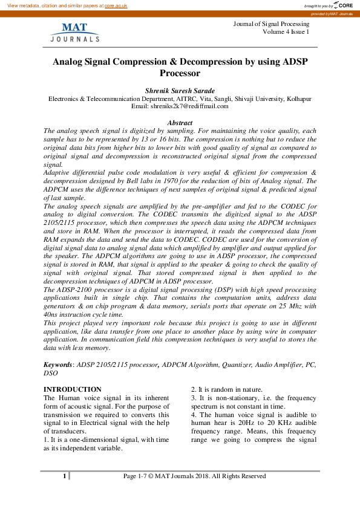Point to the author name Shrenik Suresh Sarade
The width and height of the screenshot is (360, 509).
click(180, 89)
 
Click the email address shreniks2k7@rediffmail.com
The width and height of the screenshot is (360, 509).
click(189, 106)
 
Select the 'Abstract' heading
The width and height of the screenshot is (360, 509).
click(180, 122)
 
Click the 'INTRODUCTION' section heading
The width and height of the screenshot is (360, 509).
click(73, 389)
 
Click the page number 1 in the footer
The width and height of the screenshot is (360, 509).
click(64, 476)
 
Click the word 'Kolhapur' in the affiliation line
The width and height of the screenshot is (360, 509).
click(299, 98)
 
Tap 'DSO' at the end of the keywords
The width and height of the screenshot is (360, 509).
click(51, 374)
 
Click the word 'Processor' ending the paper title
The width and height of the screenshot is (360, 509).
click(180, 73)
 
